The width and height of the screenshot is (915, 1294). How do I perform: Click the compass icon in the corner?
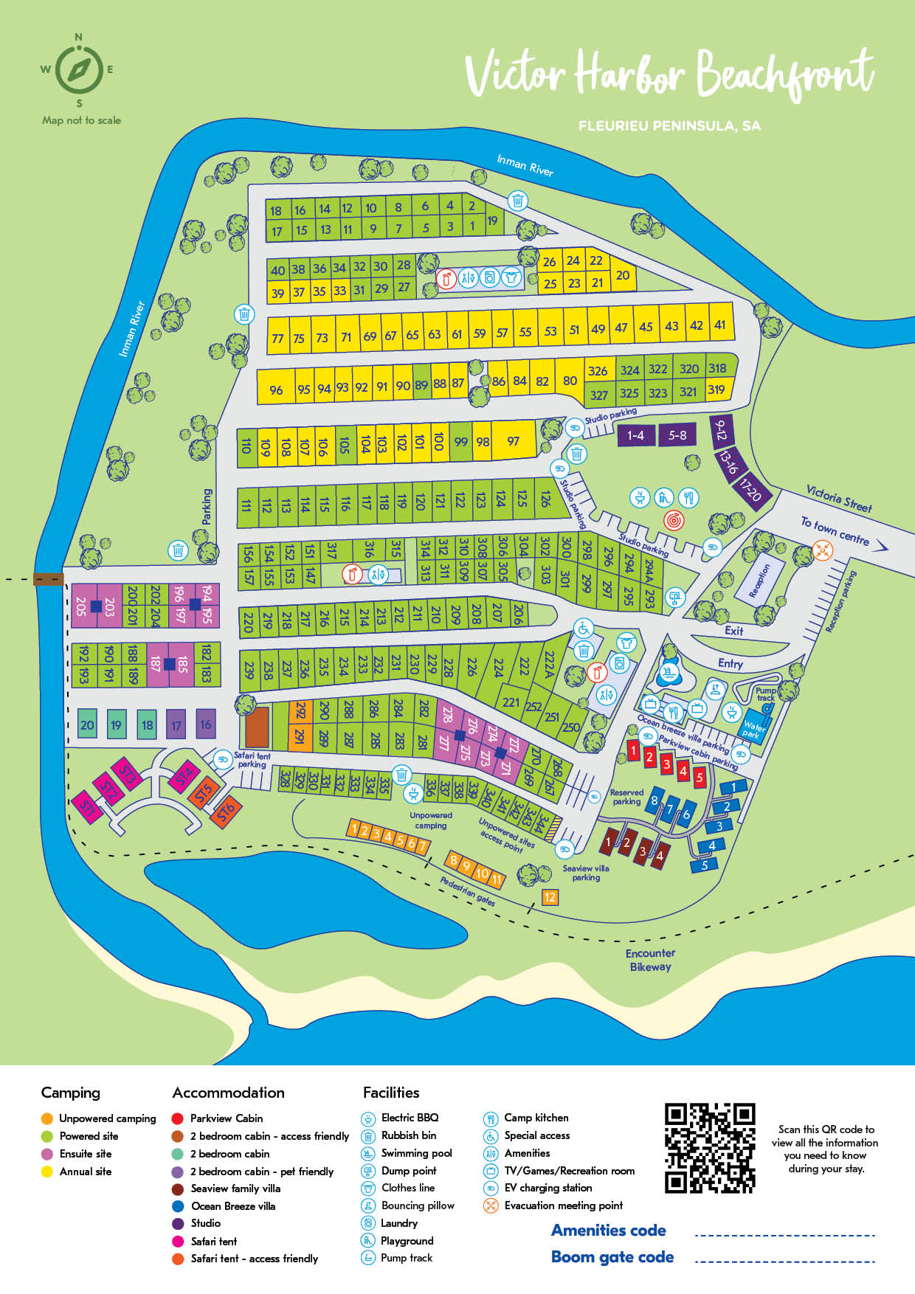click(x=79, y=71)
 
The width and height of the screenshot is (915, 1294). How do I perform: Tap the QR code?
click(x=709, y=1147)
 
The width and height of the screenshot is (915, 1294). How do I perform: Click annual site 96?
click(x=276, y=390)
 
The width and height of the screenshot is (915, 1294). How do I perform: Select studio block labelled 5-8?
click(x=677, y=435)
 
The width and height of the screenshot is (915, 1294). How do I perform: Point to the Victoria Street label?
click(x=839, y=498)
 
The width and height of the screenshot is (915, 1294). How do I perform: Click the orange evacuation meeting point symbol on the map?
click(x=822, y=549)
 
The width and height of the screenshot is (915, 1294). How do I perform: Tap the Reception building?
click(x=760, y=581)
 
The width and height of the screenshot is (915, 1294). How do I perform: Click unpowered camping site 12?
click(x=550, y=897)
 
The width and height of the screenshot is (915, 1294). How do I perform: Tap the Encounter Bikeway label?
click(x=650, y=960)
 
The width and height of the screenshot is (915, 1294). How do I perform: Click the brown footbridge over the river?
click(x=49, y=579)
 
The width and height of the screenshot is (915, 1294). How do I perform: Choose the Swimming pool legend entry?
click(x=416, y=1153)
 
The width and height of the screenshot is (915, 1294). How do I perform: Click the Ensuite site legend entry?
click(x=85, y=1154)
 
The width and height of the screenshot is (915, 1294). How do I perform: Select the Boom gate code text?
click(x=612, y=1257)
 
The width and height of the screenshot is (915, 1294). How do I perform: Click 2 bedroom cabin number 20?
click(x=87, y=724)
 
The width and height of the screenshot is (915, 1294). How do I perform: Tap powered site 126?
click(x=545, y=499)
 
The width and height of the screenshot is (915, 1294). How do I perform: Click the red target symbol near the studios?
click(x=673, y=520)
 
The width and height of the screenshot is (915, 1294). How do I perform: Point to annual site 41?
click(x=719, y=324)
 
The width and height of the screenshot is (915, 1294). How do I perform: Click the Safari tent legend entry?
click(x=213, y=1241)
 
